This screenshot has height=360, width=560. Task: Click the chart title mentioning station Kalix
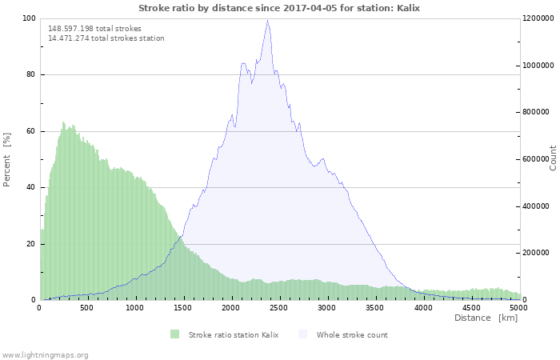279,8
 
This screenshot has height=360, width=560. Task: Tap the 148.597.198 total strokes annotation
94,28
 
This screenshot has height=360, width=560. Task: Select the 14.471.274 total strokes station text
106,38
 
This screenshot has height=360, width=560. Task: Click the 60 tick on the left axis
31,131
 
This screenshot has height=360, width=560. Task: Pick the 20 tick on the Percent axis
31,244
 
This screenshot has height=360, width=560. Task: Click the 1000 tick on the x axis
135,307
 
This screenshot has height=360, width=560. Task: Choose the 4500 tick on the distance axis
471,307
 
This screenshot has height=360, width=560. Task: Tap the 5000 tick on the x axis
518,307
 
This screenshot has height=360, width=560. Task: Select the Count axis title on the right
553,158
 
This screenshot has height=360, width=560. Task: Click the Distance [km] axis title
486,318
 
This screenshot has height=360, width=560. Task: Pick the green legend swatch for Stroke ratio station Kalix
174,334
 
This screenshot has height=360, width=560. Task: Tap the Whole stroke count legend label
352,334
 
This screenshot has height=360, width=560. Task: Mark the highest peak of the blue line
267,20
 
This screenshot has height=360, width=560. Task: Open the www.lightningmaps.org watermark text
45,354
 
